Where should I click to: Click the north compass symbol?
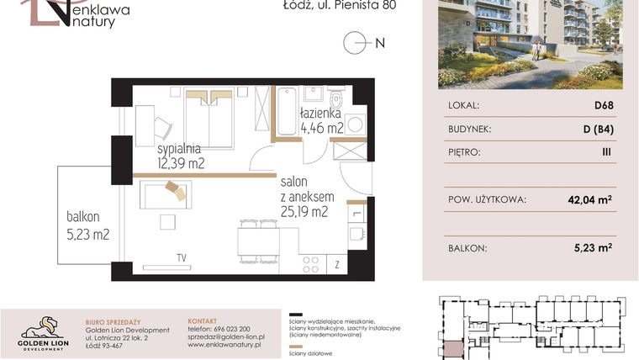(356, 42)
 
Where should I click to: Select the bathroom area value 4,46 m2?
(322, 128)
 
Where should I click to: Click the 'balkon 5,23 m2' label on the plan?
(88, 225)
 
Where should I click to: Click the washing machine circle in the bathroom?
(355, 124)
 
